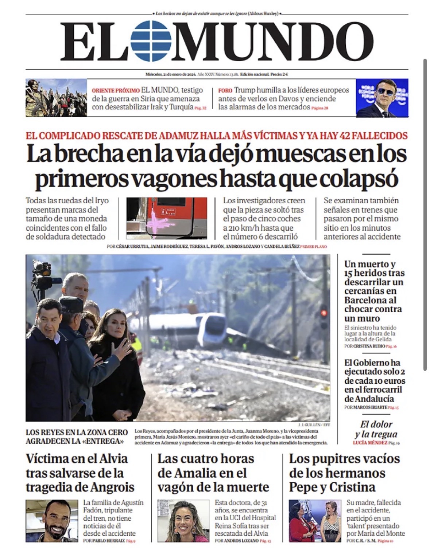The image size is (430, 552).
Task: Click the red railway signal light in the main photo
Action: tap(323, 313)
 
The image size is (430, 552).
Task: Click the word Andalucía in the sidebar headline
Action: tap(369, 399)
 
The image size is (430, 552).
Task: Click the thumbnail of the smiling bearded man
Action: tap(52, 521)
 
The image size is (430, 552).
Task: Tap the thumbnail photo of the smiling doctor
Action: tap(183, 521)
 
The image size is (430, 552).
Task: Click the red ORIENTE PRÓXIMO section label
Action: tap(115, 90)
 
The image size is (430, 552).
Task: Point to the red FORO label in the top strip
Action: tap(225, 90)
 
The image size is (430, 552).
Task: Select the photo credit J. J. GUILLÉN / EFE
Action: tap(314, 425)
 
